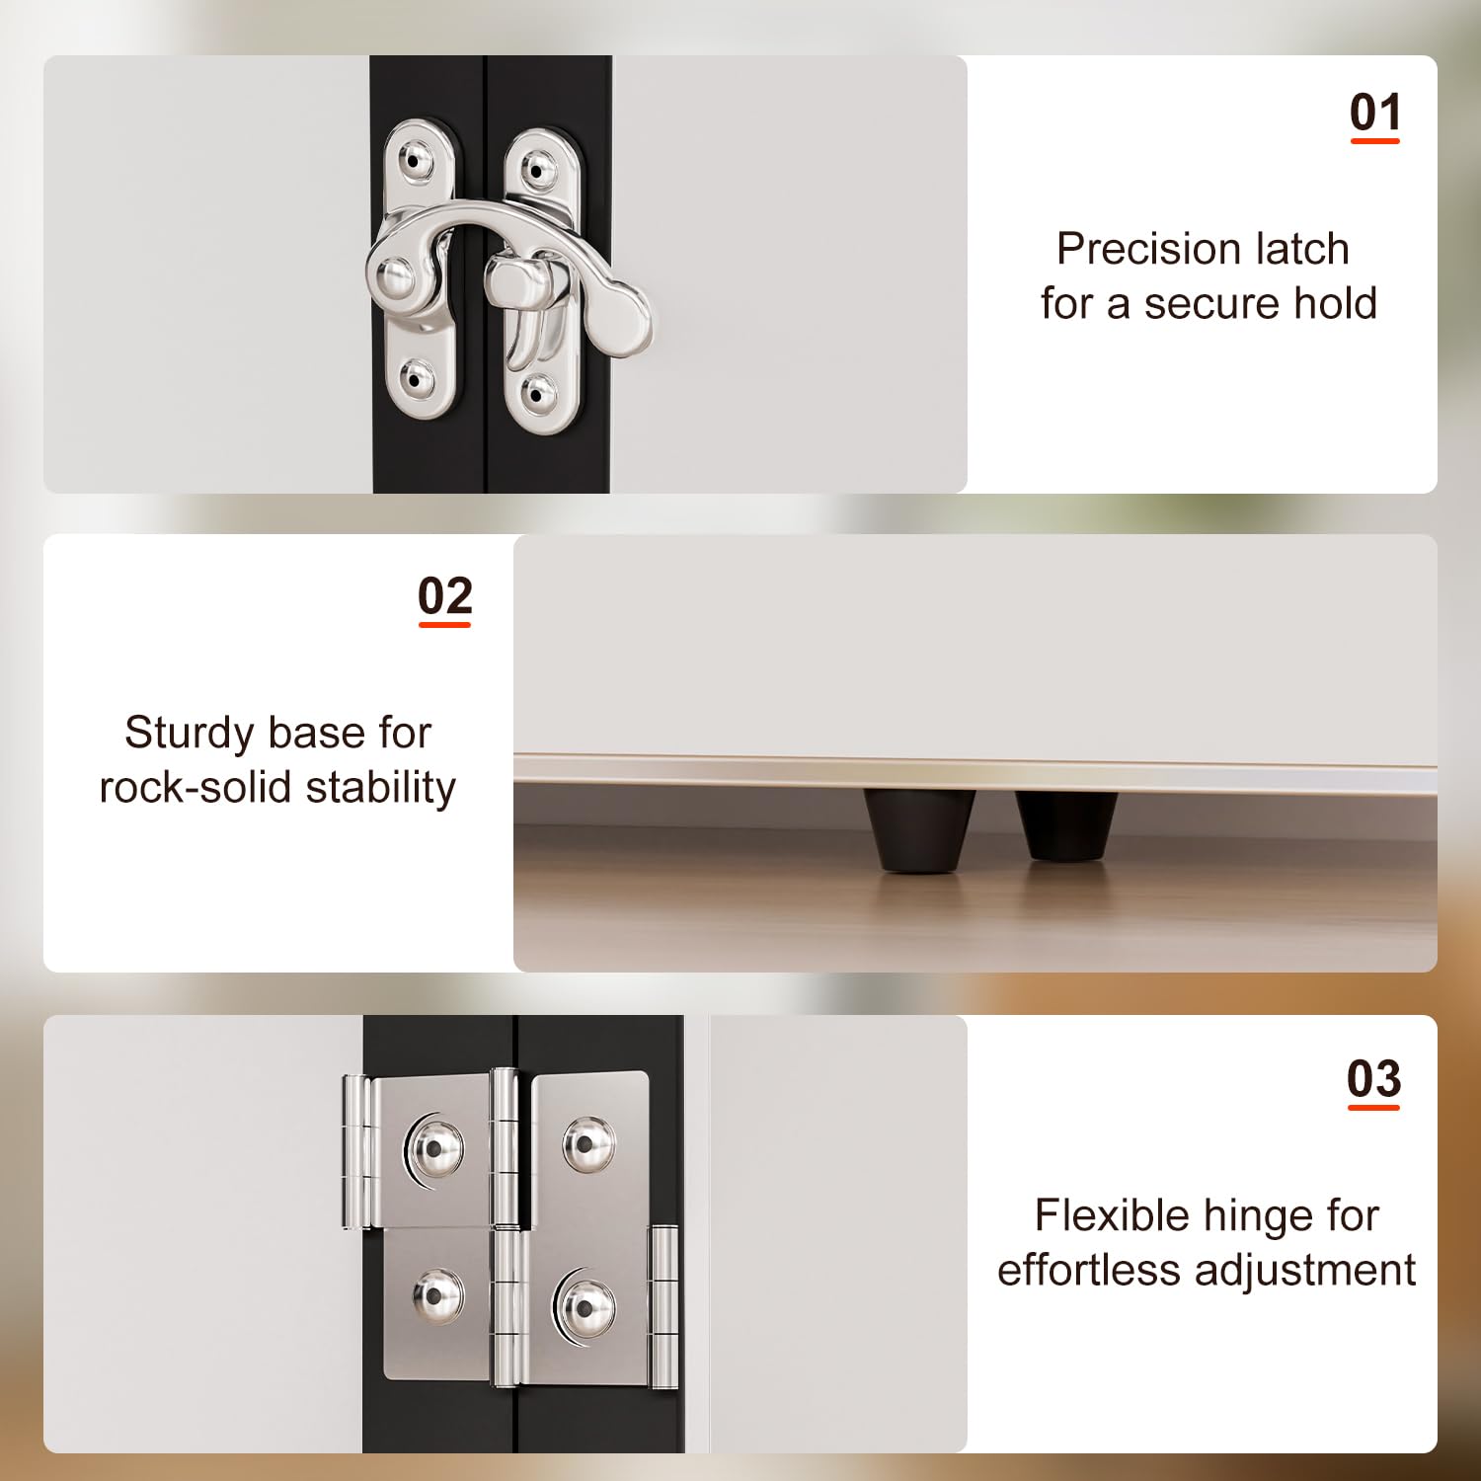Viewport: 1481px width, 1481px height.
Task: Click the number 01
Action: (1375, 113)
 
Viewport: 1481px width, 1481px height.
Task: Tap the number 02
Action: (445, 596)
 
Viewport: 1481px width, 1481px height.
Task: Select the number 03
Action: (1374, 1079)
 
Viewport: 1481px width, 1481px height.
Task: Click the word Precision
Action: (1134, 249)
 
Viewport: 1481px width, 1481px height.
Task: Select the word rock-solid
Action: (195, 787)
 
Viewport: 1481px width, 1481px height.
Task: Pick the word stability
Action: (381, 788)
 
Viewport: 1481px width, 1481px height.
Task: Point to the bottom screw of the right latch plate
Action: (537, 394)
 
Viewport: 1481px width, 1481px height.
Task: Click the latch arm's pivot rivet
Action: (395, 277)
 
